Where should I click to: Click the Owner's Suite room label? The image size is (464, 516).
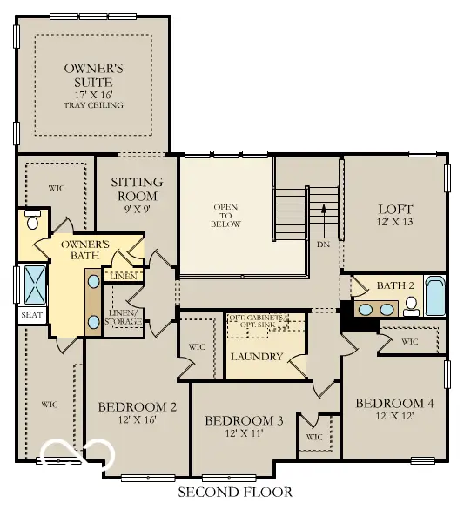pyautogui.click(x=93, y=75)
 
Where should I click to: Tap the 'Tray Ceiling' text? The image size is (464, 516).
pyautogui.click(x=93, y=105)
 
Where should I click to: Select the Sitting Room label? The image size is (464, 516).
pyautogui.click(x=137, y=188)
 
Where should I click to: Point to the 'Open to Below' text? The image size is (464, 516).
pyautogui.click(x=225, y=215)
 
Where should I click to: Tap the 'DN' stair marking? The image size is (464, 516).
pyautogui.click(x=323, y=245)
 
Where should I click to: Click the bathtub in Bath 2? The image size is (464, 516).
pyautogui.click(x=434, y=297)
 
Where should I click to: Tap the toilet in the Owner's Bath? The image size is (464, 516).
pyautogui.click(x=32, y=219)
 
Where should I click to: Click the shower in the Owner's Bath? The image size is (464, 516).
pyautogui.click(x=35, y=285)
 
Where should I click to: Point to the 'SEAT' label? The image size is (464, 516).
pyautogui.click(x=31, y=315)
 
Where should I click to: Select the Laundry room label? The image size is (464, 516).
pyautogui.click(x=256, y=357)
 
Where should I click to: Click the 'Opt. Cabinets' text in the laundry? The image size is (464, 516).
pyautogui.click(x=255, y=318)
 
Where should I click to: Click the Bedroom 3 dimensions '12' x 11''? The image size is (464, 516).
pyautogui.click(x=244, y=433)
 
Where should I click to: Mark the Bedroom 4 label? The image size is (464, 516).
pyautogui.click(x=394, y=404)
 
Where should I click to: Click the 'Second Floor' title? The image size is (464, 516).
pyautogui.click(x=235, y=493)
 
